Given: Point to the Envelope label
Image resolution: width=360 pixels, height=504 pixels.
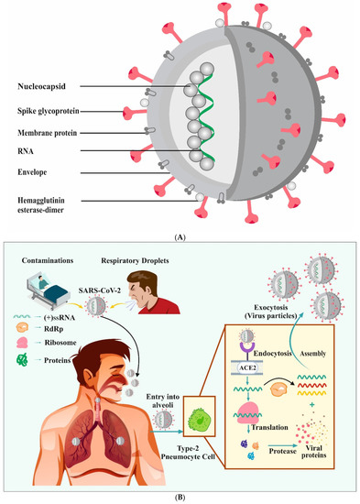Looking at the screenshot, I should (x=34, y=170).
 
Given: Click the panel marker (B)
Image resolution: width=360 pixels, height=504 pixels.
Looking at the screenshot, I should (x=180, y=495).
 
